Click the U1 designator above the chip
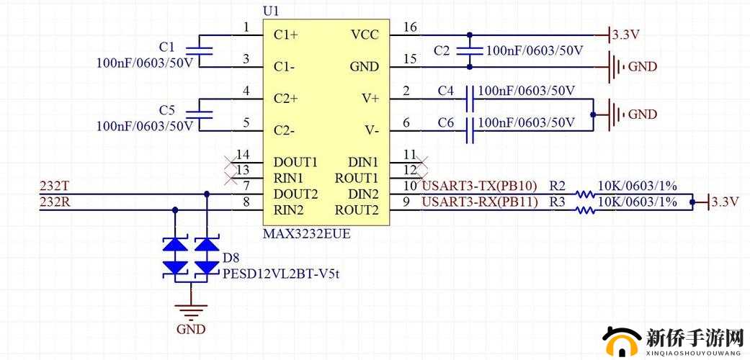click(x=271, y=11)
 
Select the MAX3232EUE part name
click(x=307, y=234)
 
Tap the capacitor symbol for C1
click(x=199, y=51)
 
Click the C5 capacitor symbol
click(x=199, y=114)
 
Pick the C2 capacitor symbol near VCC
click(x=469, y=51)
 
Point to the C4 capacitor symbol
click(x=470, y=99)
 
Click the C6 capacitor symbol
click(x=470, y=130)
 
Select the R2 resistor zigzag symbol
click(x=585, y=194)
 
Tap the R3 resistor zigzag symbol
click(x=585, y=210)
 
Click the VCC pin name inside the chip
click(x=365, y=35)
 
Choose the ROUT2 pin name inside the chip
click(x=357, y=210)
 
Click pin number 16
click(x=410, y=27)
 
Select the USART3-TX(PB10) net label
click(x=479, y=186)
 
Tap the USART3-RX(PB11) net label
click(x=480, y=202)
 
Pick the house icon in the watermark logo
click(x=621, y=341)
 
